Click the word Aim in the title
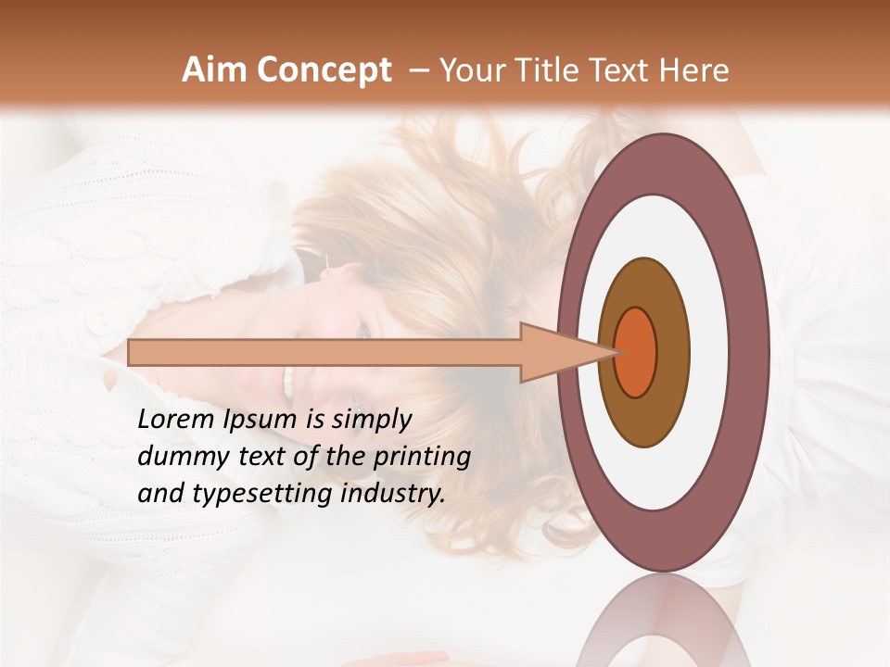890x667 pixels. [x=215, y=70]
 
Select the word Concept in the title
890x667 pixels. [x=324, y=70]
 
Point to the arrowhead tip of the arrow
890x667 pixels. [x=615, y=352]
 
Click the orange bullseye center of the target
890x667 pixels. [x=635, y=352]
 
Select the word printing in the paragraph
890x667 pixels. [x=421, y=457]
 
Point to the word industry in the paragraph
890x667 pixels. [x=393, y=494]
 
